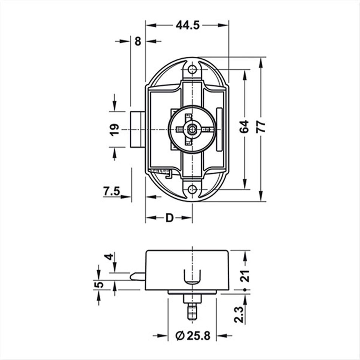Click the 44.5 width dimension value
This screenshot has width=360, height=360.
(187, 25)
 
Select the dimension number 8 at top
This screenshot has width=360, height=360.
(137, 41)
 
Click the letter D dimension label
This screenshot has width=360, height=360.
(169, 218)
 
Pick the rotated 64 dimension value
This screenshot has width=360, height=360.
(244, 126)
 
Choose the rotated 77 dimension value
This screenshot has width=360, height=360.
(261, 126)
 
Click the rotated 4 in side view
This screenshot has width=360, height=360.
(109, 257)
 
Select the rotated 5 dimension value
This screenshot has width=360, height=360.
(99, 285)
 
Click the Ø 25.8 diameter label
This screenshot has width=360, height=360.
(193, 335)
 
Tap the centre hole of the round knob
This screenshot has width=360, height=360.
(193, 129)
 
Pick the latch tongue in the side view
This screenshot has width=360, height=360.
(137, 276)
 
